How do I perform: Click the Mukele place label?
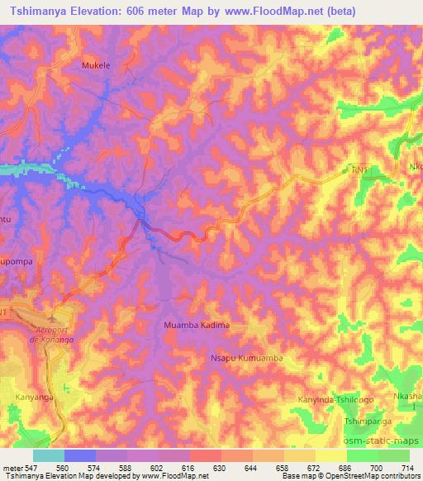pyautogui.click(x=97, y=64)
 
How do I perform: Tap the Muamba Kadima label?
pyautogui.click(x=197, y=326)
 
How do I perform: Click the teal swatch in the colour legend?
pyautogui.click(x=49, y=455)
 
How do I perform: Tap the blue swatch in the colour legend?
pyautogui.click(x=80, y=455)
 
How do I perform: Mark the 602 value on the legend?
pyautogui.click(x=159, y=467)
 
